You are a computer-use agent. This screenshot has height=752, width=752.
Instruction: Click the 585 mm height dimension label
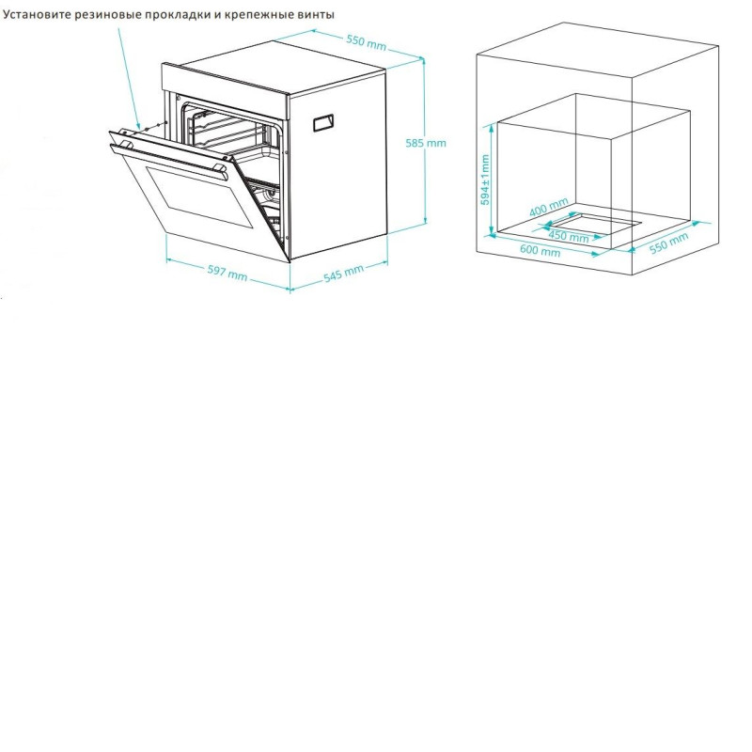click(x=426, y=143)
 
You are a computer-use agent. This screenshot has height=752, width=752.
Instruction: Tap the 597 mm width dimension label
click(x=227, y=273)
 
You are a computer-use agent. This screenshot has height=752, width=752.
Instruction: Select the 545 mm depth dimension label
click(x=343, y=273)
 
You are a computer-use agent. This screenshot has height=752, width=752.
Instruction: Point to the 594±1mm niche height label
click(x=485, y=180)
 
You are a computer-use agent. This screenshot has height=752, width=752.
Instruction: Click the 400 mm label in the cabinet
click(x=549, y=207)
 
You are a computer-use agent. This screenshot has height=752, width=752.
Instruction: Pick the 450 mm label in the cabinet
click(x=569, y=236)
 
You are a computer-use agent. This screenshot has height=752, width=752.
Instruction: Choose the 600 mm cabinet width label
click(x=540, y=250)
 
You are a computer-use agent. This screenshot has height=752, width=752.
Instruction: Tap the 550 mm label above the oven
click(x=367, y=41)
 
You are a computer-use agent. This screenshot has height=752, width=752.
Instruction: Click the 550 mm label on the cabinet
click(x=669, y=243)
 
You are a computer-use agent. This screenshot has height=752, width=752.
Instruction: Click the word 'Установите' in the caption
click(x=35, y=15)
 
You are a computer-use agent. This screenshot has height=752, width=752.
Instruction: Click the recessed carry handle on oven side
click(x=323, y=123)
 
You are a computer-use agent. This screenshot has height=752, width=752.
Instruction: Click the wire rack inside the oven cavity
click(x=226, y=129)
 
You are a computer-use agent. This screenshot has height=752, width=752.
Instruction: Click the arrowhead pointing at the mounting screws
click(x=138, y=126)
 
